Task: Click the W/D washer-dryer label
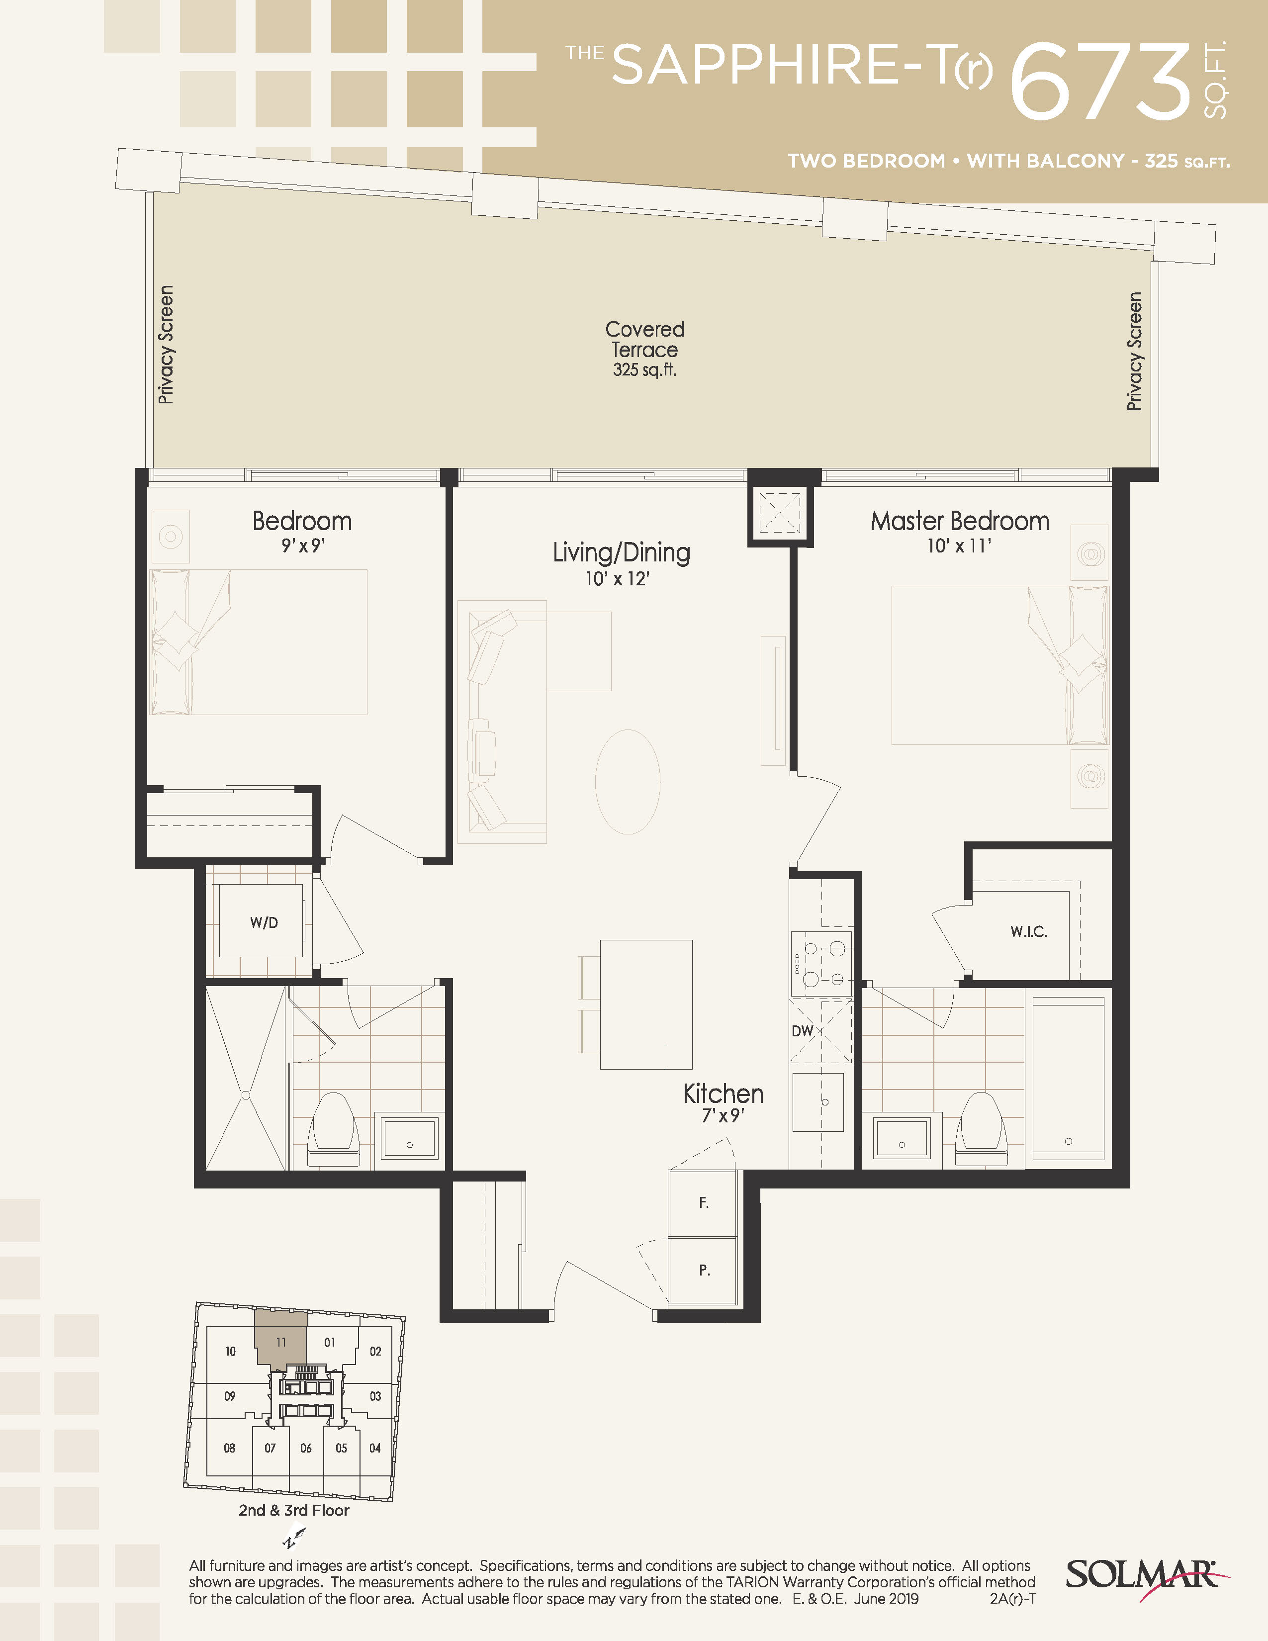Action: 264,922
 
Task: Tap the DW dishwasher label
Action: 802,1031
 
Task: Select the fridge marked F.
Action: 703,1203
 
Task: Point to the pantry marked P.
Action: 703,1271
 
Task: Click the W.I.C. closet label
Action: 1028,932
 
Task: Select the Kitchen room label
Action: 723,1094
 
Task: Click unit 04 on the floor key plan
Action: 375,1448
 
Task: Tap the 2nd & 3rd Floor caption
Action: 294,1510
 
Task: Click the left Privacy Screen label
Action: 166,345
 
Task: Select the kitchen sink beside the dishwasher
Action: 818,1102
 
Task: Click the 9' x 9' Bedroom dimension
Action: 303,546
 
